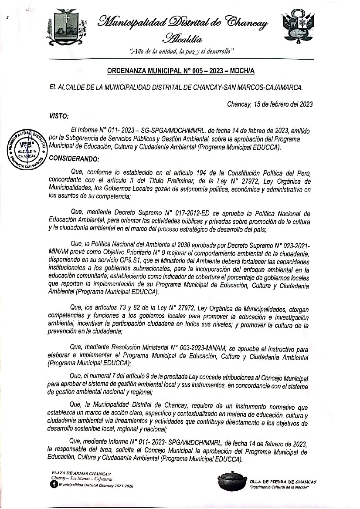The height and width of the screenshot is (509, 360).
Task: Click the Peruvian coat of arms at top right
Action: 298,27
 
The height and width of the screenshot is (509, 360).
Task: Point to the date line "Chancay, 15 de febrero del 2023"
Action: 270,104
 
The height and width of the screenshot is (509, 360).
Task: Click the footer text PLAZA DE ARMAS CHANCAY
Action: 81,473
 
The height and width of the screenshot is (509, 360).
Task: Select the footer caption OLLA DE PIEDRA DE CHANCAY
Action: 283,481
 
